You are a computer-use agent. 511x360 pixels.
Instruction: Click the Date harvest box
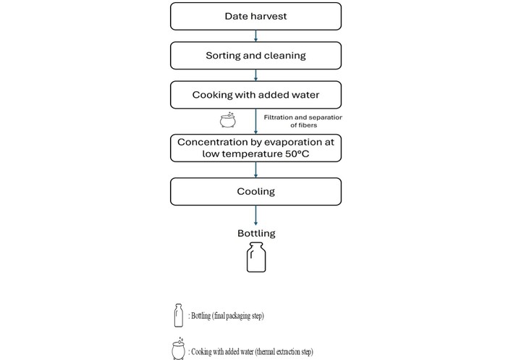click(x=255, y=17)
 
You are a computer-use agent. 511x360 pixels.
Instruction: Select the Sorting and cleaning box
click(x=255, y=56)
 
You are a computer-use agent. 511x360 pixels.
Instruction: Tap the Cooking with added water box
click(x=255, y=95)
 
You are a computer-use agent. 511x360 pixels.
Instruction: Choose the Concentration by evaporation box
click(x=255, y=148)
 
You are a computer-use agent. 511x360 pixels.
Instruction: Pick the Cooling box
click(x=255, y=192)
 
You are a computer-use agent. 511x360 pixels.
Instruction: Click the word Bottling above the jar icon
click(x=256, y=233)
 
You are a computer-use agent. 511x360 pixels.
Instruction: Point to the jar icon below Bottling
click(x=256, y=257)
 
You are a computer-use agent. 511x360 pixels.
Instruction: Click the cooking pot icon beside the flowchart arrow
click(x=228, y=120)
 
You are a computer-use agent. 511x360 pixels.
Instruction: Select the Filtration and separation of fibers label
click(x=303, y=121)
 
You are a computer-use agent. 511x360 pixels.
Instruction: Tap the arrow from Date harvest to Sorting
click(x=255, y=36)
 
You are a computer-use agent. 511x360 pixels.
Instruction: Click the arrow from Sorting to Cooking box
click(x=255, y=75)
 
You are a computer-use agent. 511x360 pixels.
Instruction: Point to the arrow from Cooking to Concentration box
click(x=255, y=122)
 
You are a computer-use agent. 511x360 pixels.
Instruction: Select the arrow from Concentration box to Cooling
click(x=255, y=170)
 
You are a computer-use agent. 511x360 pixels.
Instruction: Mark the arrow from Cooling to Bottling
click(x=255, y=216)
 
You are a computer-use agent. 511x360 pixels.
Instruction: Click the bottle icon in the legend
click(x=178, y=315)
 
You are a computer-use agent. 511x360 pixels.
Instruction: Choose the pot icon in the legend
click(x=178, y=349)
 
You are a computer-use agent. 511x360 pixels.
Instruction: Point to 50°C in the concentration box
click(x=297, y=154)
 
